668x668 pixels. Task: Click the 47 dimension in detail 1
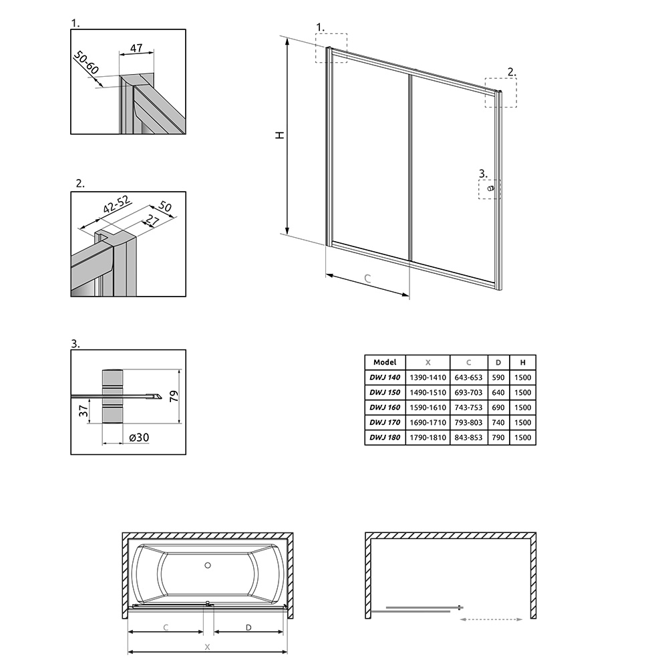136,48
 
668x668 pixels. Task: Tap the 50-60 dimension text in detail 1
86,62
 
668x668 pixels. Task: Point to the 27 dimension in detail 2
152,221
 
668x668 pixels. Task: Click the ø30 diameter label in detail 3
139,438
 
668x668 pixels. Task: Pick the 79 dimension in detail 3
174,396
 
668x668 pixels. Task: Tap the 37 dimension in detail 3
83,411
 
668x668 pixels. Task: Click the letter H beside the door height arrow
279,135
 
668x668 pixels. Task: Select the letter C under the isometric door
367,279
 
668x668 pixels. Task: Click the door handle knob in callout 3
491,188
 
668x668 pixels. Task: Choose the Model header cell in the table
385,362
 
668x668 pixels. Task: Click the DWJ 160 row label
385,407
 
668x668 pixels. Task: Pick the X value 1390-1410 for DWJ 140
428,377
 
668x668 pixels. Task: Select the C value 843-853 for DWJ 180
468,438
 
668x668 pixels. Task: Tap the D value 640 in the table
498,392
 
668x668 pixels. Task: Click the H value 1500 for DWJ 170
523,423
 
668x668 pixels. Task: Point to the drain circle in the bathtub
208,565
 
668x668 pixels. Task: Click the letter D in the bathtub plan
248,627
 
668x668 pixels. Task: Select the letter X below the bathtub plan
208,647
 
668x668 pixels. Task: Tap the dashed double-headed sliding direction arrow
491,619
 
